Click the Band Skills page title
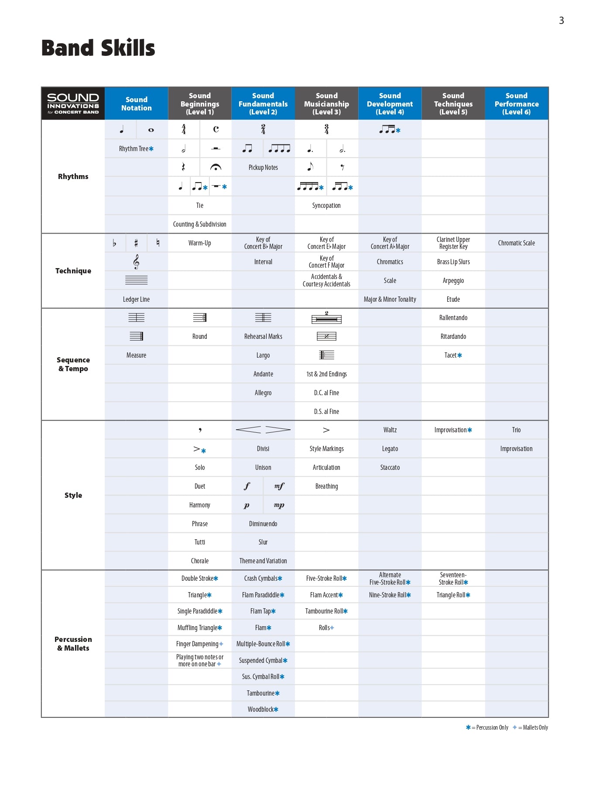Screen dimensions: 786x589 [x=98, y=48]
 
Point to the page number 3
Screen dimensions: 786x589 [x=561, y=21]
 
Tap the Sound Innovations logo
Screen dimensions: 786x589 [x=73, y=103]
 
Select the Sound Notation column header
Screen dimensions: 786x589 [x=136, y=103]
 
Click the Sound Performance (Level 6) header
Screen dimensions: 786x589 [x=516, y=103]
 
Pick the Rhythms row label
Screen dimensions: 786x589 [x=73, y=176]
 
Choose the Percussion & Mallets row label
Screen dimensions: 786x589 [x=73, y=644]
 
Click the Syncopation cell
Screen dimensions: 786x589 [x=326, y=206]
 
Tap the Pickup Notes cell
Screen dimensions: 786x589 [x=263, y=168]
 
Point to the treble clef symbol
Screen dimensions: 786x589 [x=136, y=262]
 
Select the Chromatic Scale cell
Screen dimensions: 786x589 [x=516, y=243]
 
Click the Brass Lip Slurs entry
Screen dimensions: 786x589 [x=453, y=262]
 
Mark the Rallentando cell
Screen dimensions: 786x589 [x=453, y=318]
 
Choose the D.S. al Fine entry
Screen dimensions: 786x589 [x=326, y=412]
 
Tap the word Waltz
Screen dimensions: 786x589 [x=390, y=430]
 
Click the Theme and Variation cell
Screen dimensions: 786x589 [x=263, y=561]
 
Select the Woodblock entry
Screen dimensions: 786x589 [x=263, y=710]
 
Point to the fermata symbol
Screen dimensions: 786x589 [x=216, y=167]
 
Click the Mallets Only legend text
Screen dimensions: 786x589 [x=535, y=727]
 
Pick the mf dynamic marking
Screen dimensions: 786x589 [x=279, y=486]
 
